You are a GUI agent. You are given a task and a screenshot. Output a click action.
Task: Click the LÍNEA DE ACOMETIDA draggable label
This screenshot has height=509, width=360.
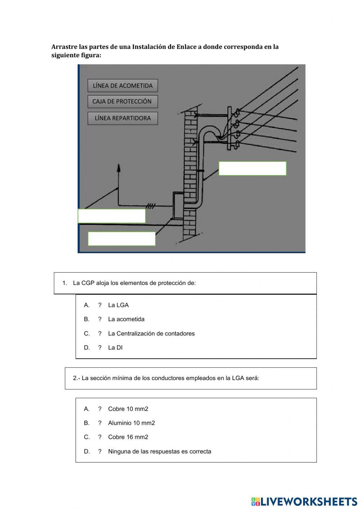click(122, 86)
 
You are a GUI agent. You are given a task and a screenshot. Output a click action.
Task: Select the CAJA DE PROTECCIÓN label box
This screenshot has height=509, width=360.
click(122, 102)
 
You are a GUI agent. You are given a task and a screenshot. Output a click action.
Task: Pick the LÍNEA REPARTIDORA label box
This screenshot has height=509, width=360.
click(122, 118)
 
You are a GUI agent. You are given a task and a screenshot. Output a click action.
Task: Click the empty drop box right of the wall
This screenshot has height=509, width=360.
click(252, 168)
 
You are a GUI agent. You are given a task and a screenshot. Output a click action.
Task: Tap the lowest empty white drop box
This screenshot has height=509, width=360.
click(122, 239)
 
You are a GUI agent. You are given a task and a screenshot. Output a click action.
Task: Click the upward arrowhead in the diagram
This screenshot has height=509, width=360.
click(119, 168)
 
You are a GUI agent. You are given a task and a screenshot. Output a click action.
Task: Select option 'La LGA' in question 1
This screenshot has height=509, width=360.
click(118, 305)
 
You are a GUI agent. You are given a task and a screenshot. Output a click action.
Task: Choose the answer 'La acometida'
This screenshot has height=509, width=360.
click(126, 319)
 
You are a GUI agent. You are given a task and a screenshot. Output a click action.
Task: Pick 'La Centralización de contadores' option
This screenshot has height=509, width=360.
click(151, 334)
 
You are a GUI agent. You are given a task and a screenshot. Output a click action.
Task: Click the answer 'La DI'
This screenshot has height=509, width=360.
click(115, 348)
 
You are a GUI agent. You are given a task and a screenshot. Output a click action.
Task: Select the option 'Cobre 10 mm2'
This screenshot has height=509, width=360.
click(128, 409)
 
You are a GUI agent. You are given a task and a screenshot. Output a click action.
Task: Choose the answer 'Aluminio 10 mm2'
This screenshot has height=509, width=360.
click(131, 423)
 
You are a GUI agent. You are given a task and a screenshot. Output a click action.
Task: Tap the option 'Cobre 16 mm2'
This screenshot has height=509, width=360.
click(128, 437)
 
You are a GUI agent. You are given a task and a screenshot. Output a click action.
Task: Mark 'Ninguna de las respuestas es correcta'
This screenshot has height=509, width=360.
click(159, 451)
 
